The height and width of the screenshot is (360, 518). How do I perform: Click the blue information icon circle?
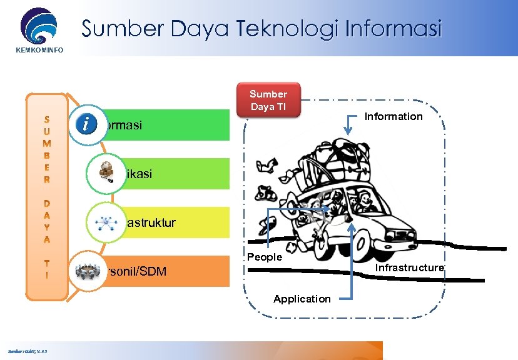85,123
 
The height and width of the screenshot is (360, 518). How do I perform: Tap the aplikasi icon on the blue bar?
103,171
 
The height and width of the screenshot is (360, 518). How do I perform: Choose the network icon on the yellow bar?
103,222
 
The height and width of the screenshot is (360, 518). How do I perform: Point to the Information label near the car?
394,116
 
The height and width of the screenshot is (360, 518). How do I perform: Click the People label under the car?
265,257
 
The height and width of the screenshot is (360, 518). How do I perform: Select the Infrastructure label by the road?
410,267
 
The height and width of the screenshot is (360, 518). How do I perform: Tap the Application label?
302,299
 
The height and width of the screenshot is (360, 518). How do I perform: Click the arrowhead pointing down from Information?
348,129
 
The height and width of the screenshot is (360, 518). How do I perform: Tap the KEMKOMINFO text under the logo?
39,49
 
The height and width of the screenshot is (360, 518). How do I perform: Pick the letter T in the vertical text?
47,264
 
